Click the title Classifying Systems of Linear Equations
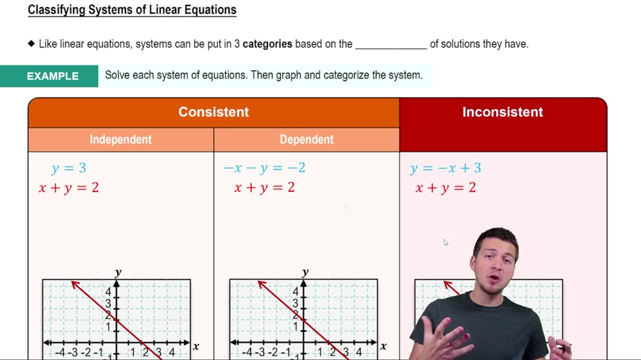(x=132, y=10)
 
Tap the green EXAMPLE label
(x=53, y=76)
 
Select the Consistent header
(x=213, y=112)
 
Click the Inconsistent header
(x=503, y=112)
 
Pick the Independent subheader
(x=121, y=140)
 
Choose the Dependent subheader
(x=306, y=140)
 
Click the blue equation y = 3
(x=69, y=168)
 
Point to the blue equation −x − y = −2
(x=264, y=168)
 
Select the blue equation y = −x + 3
(x=445, y=168)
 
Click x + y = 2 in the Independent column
(x=69, y=188)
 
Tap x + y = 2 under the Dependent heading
(x=264, y=188)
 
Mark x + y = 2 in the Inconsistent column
(x=445, y=188)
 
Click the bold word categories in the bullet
(x=267, y=44)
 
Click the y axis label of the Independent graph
(x=118, y=273)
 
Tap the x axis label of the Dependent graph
(x=383, y=347)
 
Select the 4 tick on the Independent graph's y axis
(x=108, y=292)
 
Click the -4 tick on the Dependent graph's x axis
(x=247, y=352)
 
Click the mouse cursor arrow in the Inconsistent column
(x=445, y=242)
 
